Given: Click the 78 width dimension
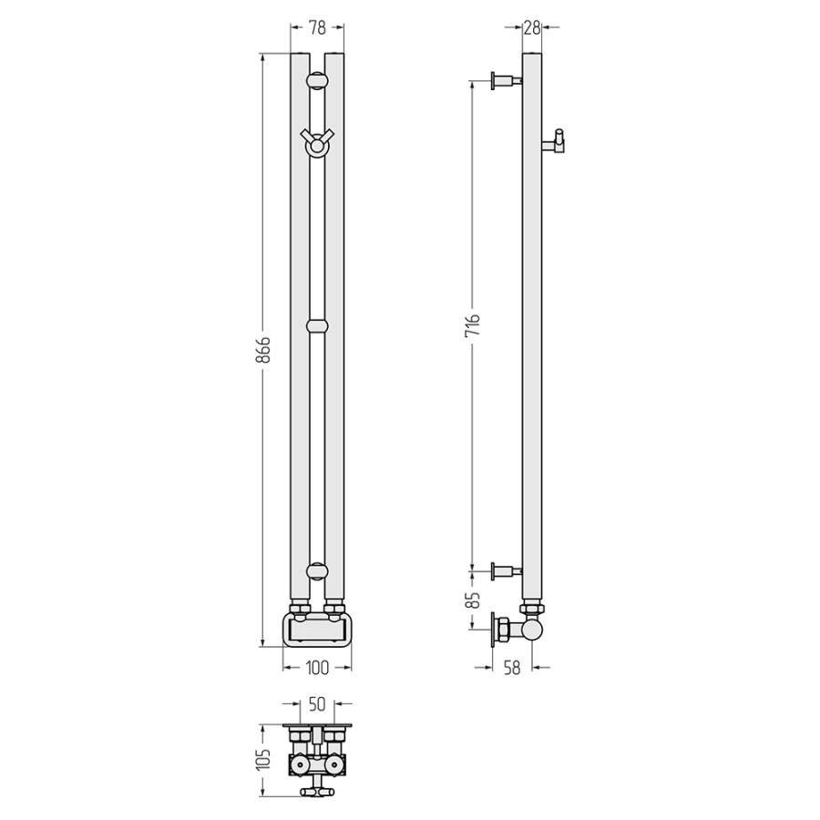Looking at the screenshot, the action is click(x=317, y=27).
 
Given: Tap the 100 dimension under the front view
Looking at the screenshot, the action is click(x=317, y=668).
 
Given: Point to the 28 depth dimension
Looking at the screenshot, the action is click(x=532, y=27).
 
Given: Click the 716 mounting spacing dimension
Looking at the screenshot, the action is click(x=472, y=325).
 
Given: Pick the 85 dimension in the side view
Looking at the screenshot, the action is click(x=472, y=600).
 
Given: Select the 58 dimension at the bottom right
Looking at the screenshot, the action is click(x=512, y=668).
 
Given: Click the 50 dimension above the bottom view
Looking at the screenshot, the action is click(x=317, y=704).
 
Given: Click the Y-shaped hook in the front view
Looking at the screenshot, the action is click(x=317, y=142).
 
